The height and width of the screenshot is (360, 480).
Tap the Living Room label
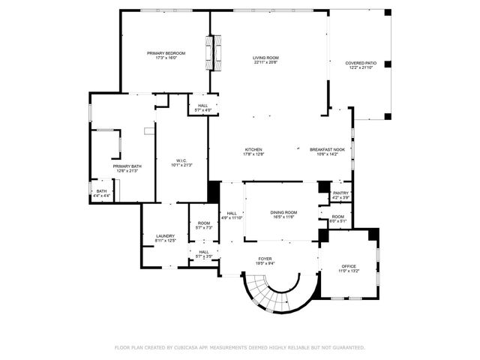click(265, 58)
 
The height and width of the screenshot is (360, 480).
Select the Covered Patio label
click(360, 63)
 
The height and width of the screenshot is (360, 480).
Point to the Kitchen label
click(253, 149)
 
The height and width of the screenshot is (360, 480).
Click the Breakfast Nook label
click(327, 149)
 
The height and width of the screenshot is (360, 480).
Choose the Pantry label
click(341, 193)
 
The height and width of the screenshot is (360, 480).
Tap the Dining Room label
click(283, 212)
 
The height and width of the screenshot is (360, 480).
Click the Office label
click(349, 266)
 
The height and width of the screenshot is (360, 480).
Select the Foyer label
click(265, 259)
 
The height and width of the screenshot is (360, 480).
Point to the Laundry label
click(165, 236)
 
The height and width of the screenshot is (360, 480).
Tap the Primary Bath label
click(127, 166)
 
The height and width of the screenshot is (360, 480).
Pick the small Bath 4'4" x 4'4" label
click(101, 191)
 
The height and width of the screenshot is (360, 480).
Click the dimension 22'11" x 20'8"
click(265, 62)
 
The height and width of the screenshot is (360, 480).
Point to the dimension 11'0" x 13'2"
click(349, 271)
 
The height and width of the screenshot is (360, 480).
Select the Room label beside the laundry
click(204, 223)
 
